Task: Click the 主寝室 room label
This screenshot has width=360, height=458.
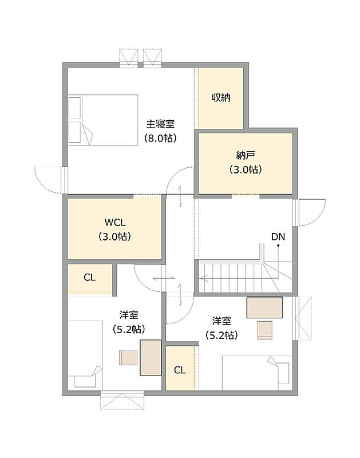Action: [160, 124]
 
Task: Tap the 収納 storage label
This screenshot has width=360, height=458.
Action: [221, 97]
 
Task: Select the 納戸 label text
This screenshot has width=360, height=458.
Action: [246, 155]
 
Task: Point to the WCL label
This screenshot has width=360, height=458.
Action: [115, 222]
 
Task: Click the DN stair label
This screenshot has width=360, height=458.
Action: [278, 236]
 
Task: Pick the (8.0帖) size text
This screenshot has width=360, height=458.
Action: [160, 138]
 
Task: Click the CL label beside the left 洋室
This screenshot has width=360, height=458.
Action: [89, 277]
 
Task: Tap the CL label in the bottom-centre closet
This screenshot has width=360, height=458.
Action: [180, 370]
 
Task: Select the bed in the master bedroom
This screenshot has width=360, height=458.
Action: [103, 120]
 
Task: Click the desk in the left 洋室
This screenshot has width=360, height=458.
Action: [151, 357]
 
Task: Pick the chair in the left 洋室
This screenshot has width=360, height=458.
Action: [128, 357]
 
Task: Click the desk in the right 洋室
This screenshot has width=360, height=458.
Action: [264, 307]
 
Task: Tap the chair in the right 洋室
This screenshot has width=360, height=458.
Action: [265, 330]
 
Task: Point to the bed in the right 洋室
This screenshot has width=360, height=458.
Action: [257, 373]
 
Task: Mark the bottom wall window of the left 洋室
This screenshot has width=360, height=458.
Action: [122, 400]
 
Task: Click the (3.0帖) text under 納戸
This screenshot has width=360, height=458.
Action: [246, 169]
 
